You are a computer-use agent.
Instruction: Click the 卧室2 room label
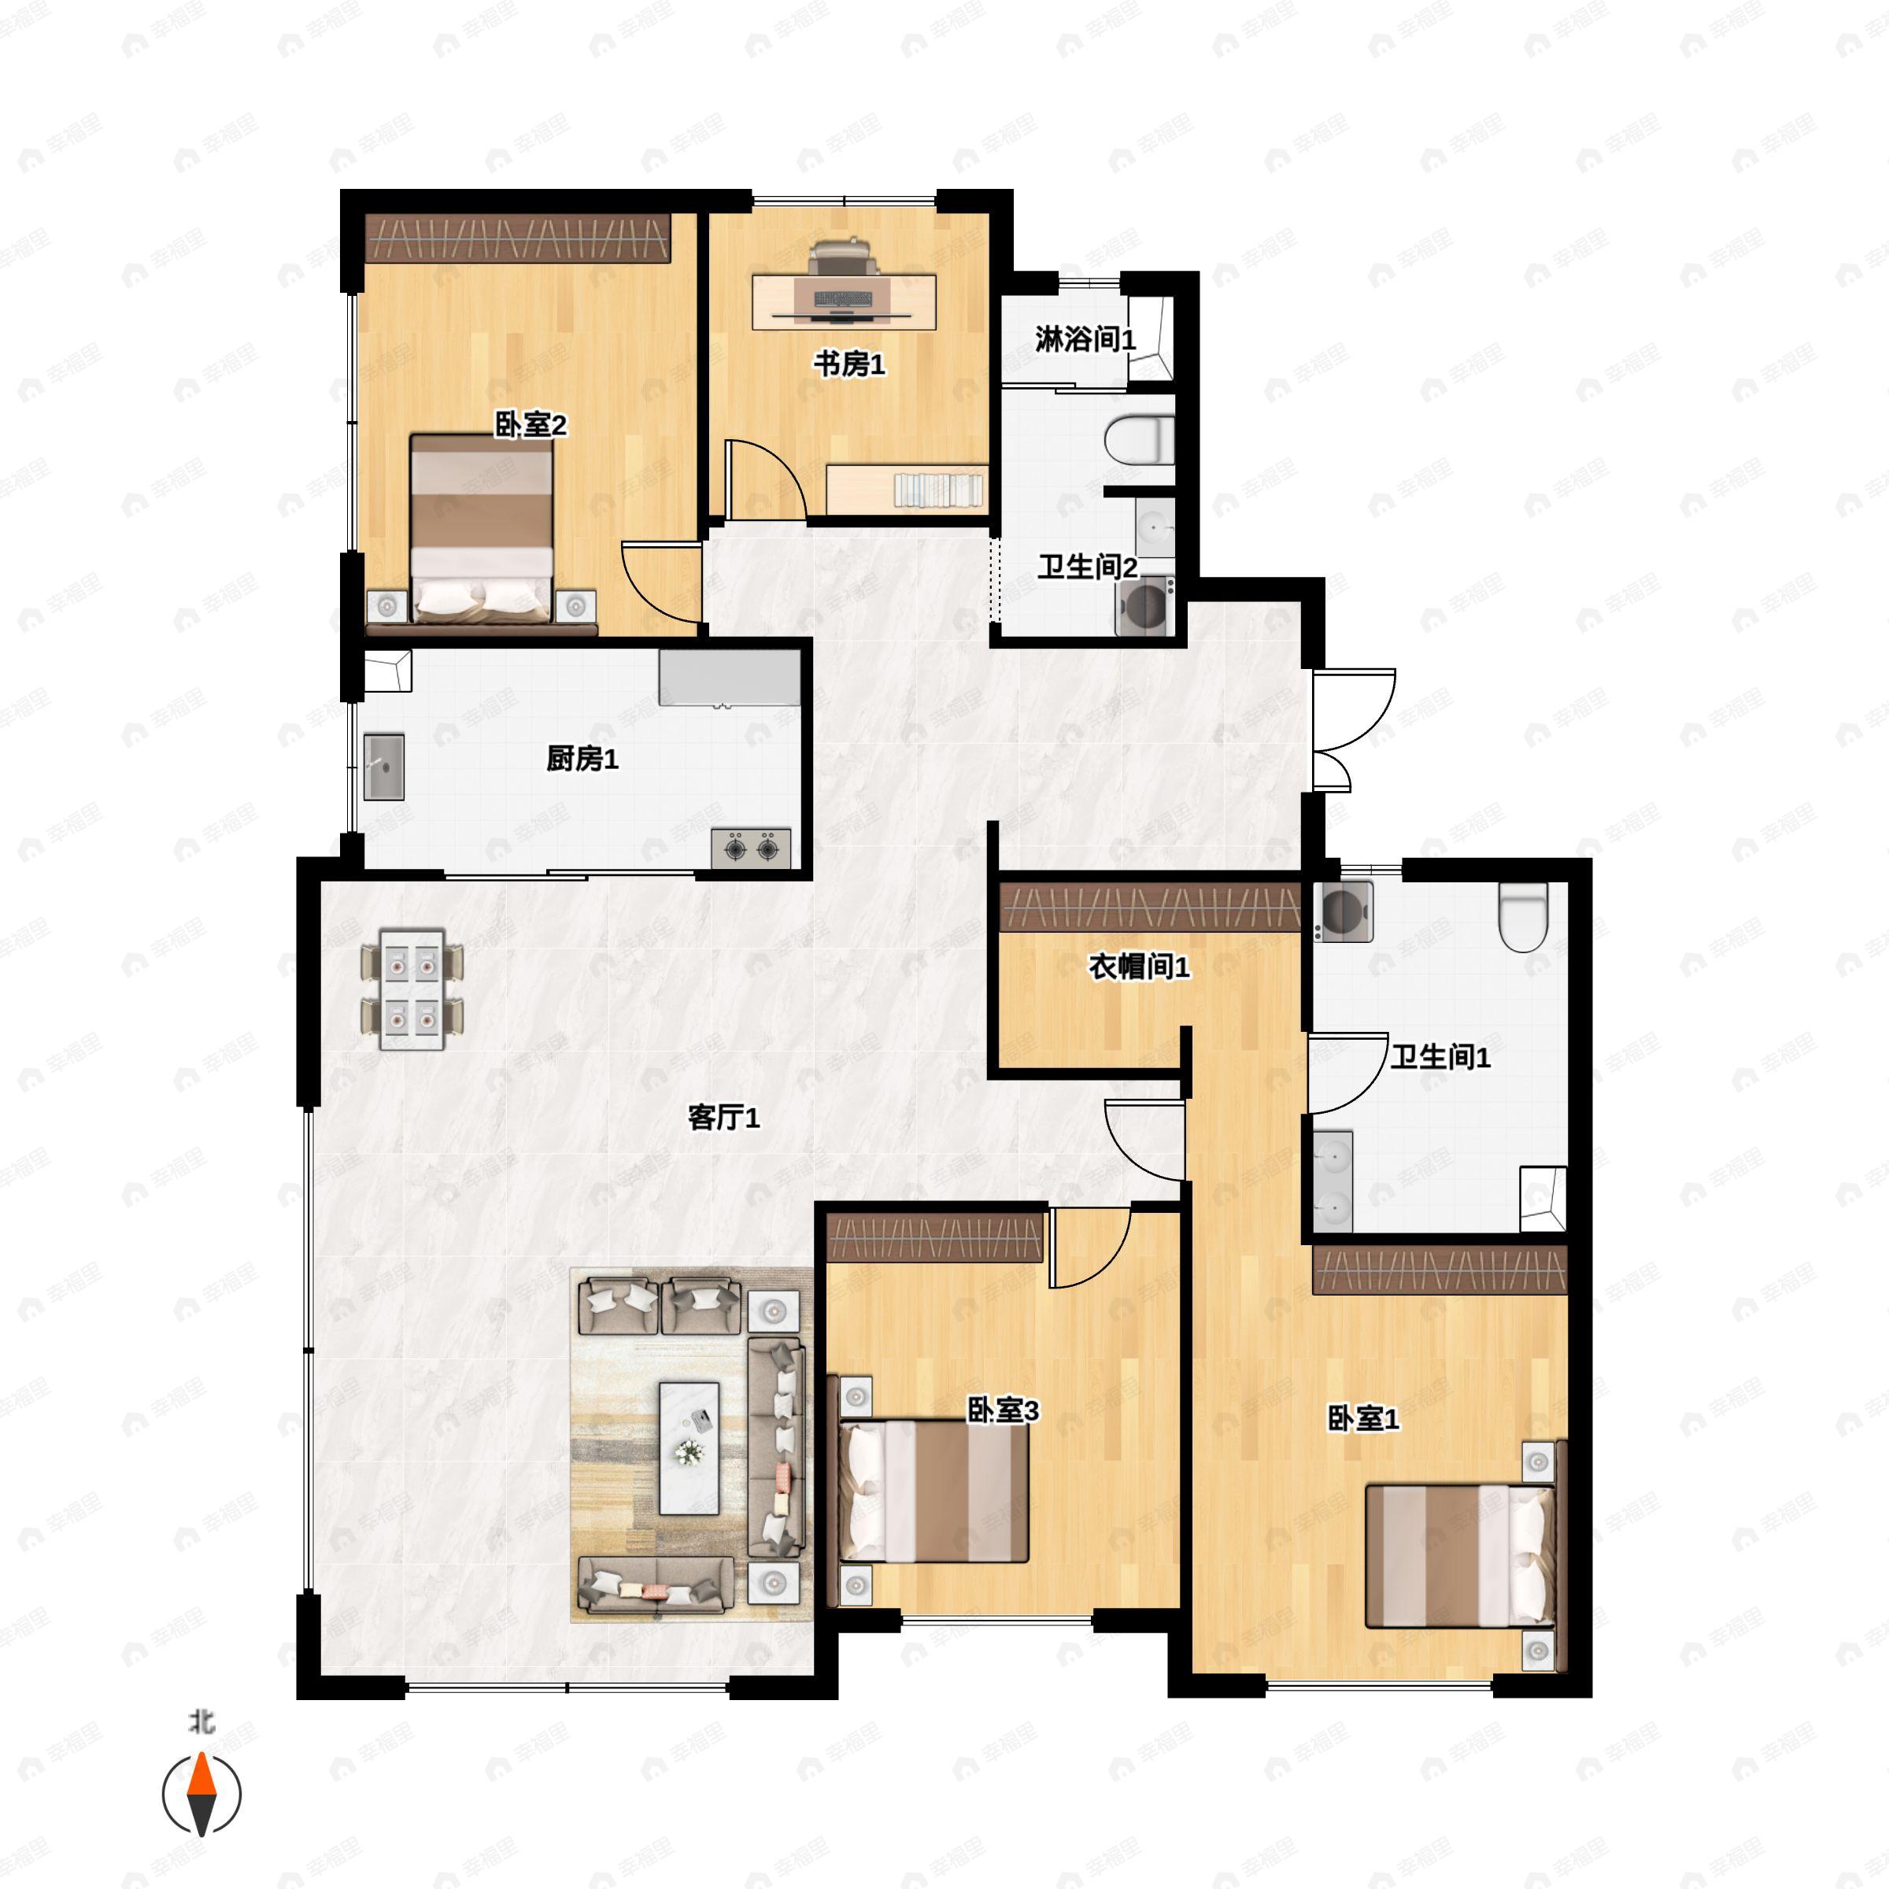[530, 424]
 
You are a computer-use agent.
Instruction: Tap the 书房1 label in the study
[848, 364]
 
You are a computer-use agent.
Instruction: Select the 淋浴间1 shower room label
[1085, 339]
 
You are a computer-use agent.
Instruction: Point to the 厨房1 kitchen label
[582, 759]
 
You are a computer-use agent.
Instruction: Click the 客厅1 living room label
[723, 1117]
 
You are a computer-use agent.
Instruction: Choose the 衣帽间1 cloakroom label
[1139, 967]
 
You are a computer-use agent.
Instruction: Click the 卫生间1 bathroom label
[1440, 1057]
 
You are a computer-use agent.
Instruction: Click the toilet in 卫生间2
[1139, 440]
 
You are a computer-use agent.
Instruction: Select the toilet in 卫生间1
[1523, 916]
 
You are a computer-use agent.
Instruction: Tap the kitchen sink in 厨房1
[384, 767]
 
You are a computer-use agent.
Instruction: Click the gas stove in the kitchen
[751, 848]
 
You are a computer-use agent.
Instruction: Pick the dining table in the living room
[412, 989]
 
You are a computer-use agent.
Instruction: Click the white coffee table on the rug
[689, 1448]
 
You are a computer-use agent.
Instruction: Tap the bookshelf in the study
[907, 489]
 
